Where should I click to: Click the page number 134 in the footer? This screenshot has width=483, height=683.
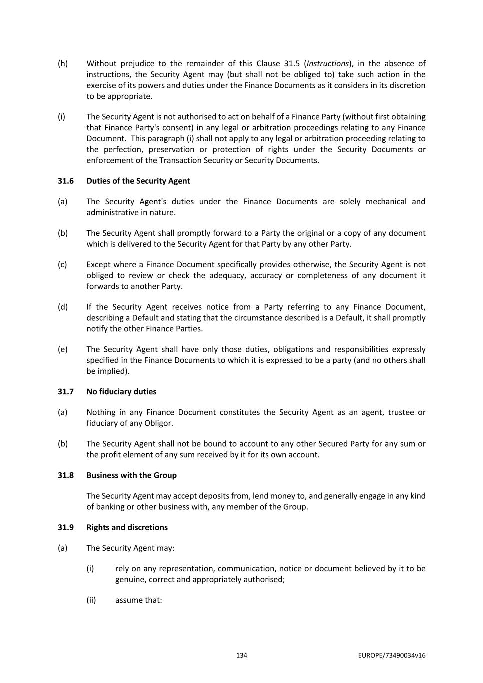(241, 655)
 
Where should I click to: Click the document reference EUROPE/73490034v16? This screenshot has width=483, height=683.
(392, 655)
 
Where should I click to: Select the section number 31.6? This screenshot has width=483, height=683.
(65, 181)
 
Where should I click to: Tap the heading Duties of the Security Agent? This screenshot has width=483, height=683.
(138, 181)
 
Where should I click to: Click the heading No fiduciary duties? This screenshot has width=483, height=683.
(121, 391)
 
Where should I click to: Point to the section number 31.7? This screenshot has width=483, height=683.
(65, 391)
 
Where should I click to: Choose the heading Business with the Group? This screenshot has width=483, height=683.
(131, 475)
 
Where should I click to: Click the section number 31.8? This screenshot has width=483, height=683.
(65, 475)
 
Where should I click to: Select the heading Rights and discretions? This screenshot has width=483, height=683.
(127, 527)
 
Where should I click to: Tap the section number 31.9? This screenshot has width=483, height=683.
(65, 527)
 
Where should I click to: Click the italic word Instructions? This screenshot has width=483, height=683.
(328, 63)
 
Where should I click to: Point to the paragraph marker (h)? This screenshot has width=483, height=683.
(63, 63)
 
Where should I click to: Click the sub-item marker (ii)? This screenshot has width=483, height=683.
(91, 599)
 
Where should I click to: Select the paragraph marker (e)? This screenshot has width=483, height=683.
(63, 349)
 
